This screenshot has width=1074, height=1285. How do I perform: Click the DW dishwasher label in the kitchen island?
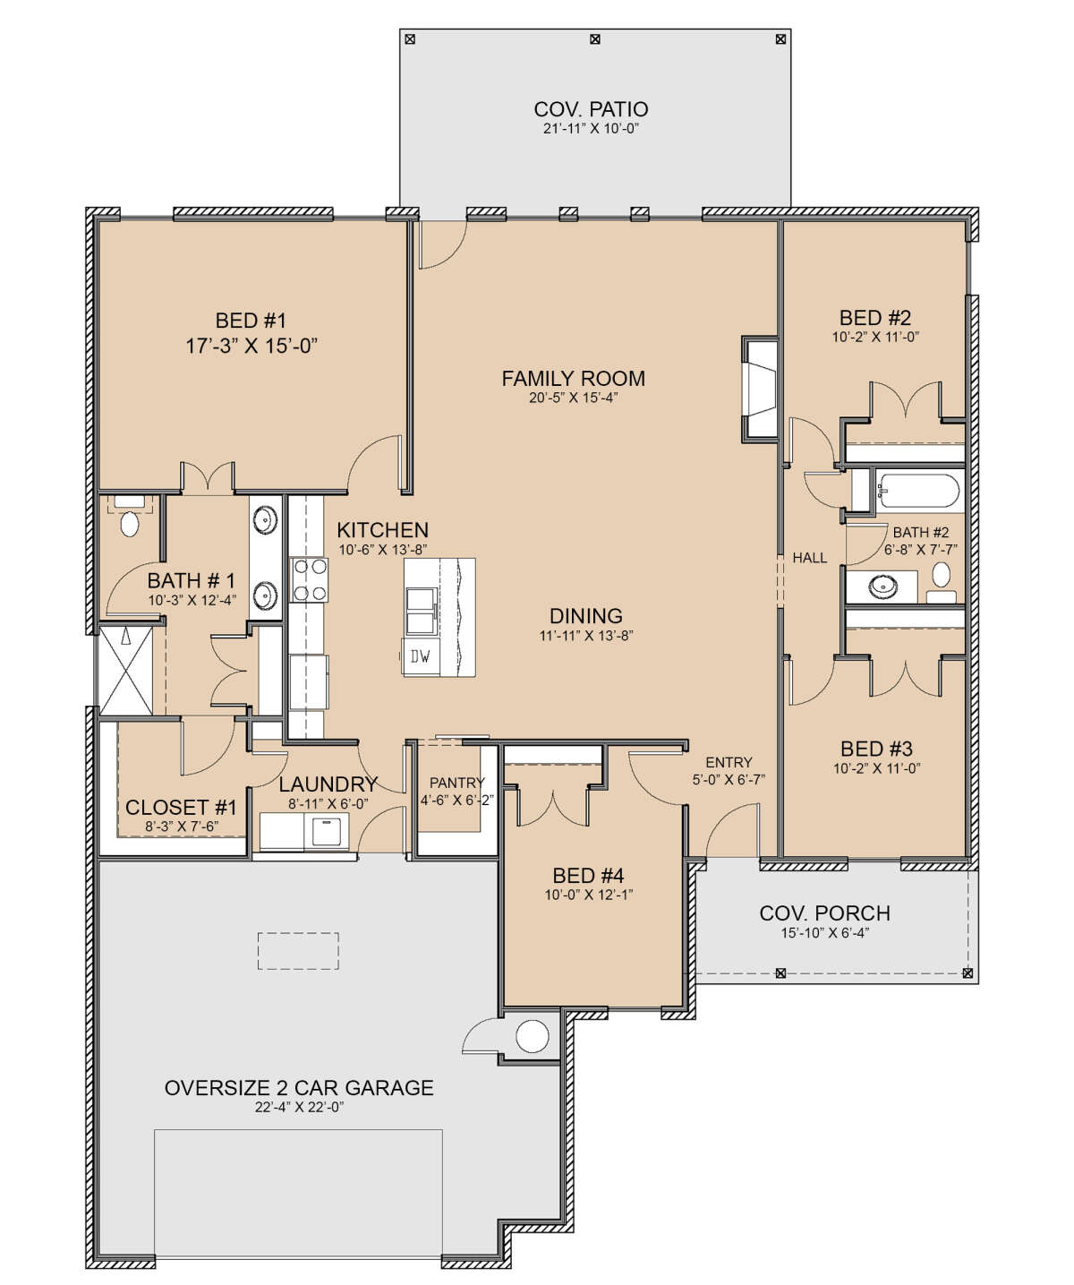[x=421, y=656]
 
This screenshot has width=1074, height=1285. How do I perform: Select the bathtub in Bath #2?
[x=917, y=491]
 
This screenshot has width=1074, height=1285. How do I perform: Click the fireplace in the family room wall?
[x=761, y=389]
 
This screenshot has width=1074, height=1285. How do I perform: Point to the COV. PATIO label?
[x=591, y=109]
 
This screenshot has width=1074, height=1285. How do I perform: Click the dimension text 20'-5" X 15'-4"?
[x=574, y=398]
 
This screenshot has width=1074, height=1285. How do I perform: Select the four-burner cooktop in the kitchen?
[x=310, y=579]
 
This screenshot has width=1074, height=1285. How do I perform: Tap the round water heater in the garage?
[x=533, y=1036]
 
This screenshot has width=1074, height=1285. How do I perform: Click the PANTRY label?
[x=457, y=783]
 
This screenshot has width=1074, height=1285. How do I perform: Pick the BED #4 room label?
[x=588, y=875]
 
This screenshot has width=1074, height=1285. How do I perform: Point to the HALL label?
[x=809, y=558]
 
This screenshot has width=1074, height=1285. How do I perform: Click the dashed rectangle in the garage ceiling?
[x=298, y=951]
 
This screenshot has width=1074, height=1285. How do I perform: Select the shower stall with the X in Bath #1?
[x=126, y=670]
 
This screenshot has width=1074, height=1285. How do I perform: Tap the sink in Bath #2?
[x=882, y=587]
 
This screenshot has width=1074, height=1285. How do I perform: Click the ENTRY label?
[x=729, y=762]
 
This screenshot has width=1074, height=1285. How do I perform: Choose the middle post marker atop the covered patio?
[x=595, y=39]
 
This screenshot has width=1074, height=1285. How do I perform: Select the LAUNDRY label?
[x=328, y=784]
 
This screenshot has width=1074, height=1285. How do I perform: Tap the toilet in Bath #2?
[x=942, y=581]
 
